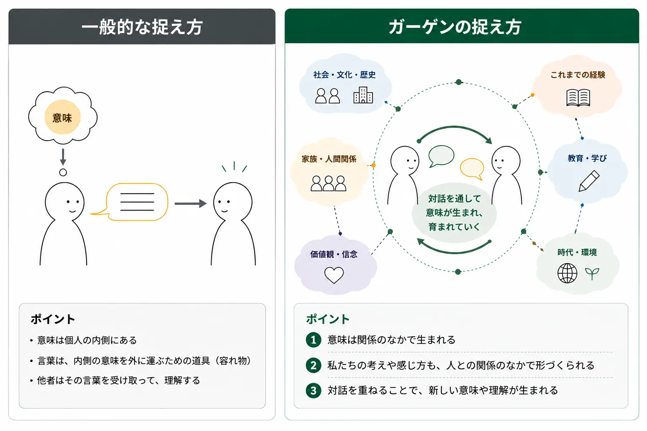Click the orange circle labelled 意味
coord(62,117)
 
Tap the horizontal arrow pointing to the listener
coord(191,203)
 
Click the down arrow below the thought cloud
coord(63,157)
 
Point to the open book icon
coord(578,98)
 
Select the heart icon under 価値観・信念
coord(334,275)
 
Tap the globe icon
coord(567,273)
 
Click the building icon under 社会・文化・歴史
coord(363,95)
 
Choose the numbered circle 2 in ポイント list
coord(314,365)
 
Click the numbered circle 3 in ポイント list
coord(314,390)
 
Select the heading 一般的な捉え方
coord(142,27)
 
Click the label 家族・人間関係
coord(329,159)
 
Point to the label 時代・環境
coord(577,253)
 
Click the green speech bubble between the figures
coord(441,156)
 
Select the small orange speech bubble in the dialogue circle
coord(472,169)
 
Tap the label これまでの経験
coord(578,75)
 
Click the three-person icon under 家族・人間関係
coord(328,183)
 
